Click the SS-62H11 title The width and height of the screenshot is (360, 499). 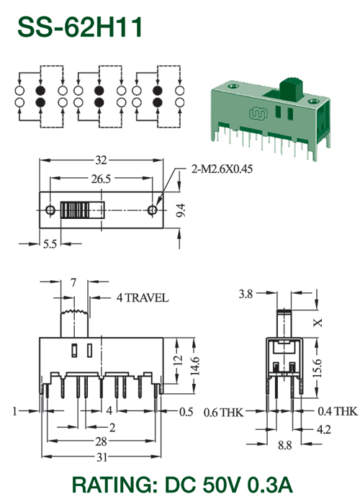click(80, 27)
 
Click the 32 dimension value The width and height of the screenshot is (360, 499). click(101, 161)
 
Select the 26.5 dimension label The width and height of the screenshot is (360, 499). click(101, 179)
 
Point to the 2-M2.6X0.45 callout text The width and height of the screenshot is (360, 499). click(222, 169)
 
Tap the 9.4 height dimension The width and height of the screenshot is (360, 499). click(181, 210)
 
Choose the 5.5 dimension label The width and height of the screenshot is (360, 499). click(50, 244)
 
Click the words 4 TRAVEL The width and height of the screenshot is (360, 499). click(143, 298)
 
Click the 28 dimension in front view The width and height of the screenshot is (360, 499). click(102, 441)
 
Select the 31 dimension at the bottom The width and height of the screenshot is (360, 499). click(102, 457)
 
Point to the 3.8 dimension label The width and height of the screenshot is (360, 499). click(246, 294)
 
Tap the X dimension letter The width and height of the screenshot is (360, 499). click(318, 323)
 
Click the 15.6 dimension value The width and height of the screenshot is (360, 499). click(317, 368)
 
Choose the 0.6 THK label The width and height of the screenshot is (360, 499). click(224, 413)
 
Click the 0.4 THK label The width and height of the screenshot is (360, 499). click(338, 411)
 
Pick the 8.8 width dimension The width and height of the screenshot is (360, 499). click(284, 446)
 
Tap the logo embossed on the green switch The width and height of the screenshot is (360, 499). click(258, 114)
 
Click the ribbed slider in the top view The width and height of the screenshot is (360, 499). click(75, 210)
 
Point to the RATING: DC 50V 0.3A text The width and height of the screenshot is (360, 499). click(182, 485)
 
